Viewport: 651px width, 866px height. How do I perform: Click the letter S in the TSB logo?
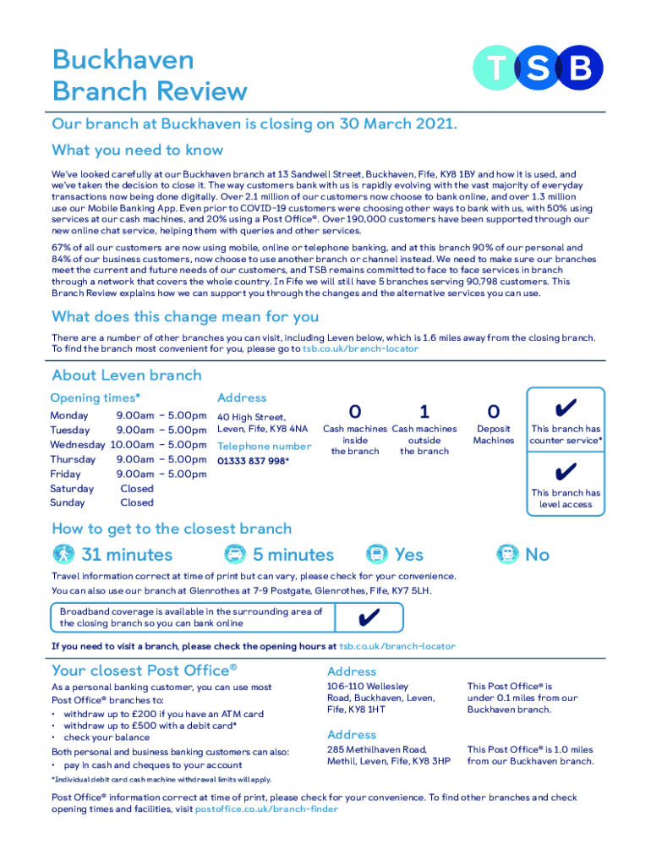point(539,69)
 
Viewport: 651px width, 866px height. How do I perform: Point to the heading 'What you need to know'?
point(138,151)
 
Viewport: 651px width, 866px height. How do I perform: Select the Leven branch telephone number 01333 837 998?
point(251,461)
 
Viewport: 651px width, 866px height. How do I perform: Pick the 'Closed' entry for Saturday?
point(137,488)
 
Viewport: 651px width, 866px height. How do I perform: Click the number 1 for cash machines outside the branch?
point(424,412)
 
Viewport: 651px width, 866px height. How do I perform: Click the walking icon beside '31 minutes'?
point(63,555)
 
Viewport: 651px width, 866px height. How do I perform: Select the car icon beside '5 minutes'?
point(233,555)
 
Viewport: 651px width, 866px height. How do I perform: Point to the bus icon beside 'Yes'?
point(376,555)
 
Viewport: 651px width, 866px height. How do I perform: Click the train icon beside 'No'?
point(507,555)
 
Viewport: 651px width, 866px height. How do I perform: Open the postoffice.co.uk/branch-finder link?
point(266,809)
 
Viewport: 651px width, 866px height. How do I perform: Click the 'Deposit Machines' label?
point(494,435)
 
